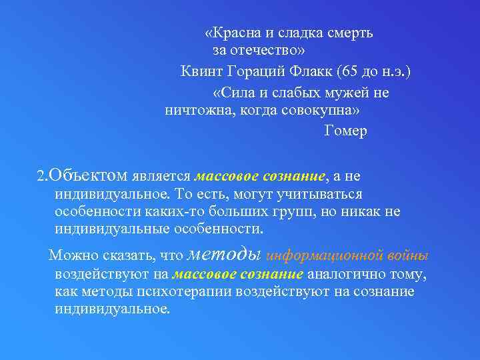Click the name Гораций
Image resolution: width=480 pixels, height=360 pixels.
coord(255,71)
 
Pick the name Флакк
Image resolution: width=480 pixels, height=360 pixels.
coord(311,71)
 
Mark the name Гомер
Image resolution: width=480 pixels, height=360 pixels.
coord(345,131)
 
